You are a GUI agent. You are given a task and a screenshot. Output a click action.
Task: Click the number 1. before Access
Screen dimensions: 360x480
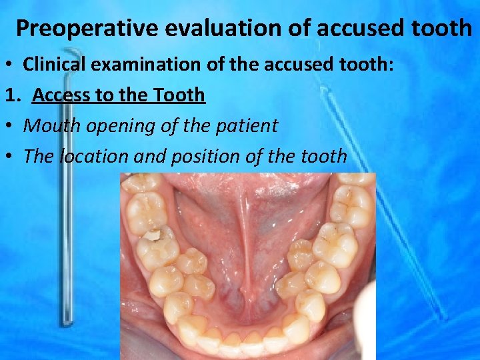[x=13, y=95]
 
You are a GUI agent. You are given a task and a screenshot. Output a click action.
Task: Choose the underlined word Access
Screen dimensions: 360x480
[x=63, y=95]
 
